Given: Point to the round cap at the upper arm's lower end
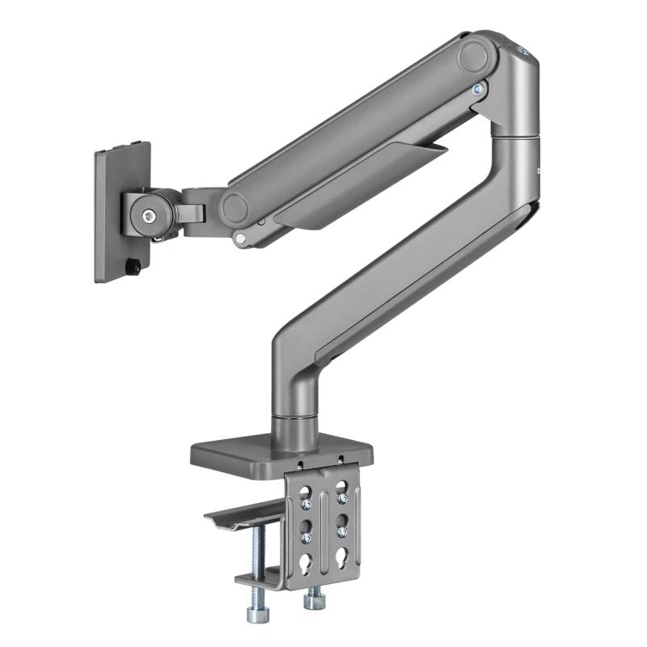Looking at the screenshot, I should tap(237, 208).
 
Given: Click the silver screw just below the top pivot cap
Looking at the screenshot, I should tap(477, 89).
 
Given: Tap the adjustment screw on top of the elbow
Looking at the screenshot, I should tap(522, 53).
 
